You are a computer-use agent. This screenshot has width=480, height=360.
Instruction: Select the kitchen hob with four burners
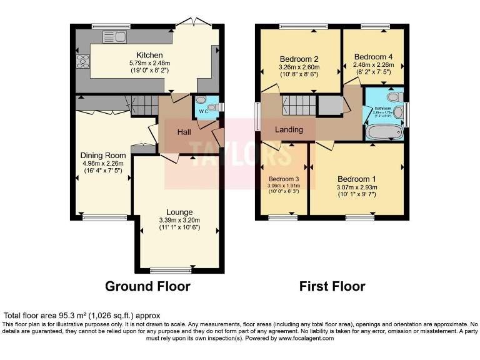coord(82,61)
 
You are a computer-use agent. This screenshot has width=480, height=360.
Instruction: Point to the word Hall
coord(184,132)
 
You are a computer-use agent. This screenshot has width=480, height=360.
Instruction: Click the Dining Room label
coord(102,155)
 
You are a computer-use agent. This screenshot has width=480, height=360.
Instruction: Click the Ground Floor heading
coord(147,286)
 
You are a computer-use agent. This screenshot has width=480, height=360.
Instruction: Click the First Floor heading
coord(332,286)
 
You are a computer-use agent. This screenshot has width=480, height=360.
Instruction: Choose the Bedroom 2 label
coord(299,58)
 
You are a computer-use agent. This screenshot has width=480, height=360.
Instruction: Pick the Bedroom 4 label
coord(373,57)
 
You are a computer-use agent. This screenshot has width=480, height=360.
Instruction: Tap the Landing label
coord(289,130)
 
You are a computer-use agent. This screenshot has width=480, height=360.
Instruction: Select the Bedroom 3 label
coord(284,179)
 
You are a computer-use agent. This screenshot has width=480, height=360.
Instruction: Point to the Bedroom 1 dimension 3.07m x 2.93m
coord(355,186)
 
